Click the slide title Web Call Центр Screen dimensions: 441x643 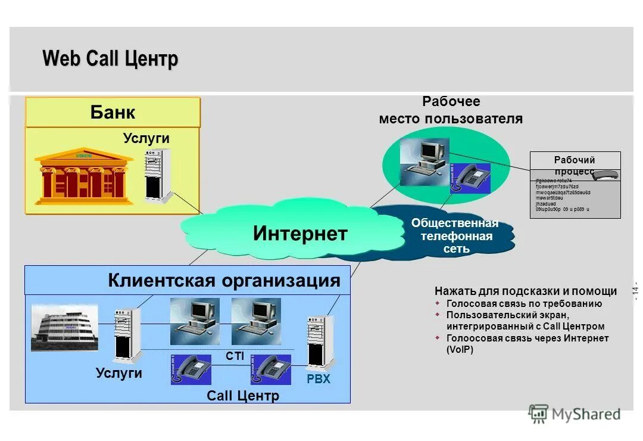coord(110,59)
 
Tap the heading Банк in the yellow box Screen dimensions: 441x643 coord(113,112)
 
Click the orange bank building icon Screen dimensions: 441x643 coord(83,176)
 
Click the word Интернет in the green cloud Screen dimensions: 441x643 coord(299,233)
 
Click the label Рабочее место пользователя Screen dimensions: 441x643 coord(451,110)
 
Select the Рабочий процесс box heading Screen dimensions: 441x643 coord(575,165)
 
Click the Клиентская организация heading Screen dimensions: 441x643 coord(224,281)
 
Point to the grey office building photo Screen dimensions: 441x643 coord(65,328)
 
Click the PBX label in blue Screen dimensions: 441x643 coord(319,378)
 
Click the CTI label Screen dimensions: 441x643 coord(235,356)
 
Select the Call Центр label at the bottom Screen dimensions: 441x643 coord(243,395)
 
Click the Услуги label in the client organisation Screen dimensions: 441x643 coord(119,373)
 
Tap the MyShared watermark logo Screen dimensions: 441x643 coord(574,414)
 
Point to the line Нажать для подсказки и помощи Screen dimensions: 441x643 coord(526,291)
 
